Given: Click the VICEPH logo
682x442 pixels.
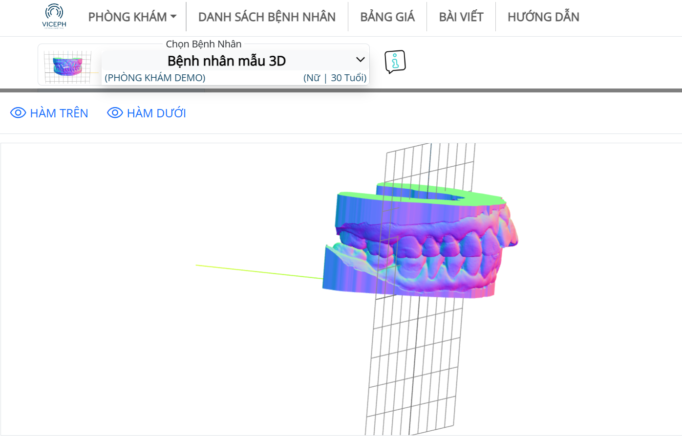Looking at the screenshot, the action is coord(54,16).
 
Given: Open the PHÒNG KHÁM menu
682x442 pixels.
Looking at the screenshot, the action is coord(132,17).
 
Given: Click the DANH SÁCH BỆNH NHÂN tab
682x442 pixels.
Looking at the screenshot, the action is coord(267,17).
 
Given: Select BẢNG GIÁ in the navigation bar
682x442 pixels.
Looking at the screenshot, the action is coord(387,17).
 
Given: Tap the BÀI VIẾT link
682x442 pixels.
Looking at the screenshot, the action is coord(461,17).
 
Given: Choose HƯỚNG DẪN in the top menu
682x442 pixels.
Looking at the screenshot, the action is coord(543,17).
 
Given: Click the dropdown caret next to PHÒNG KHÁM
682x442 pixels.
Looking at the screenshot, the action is coord(173,17).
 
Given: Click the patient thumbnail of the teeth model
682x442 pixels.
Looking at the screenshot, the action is coord(67,66).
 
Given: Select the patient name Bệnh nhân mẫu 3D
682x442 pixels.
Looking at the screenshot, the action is coord(227,61).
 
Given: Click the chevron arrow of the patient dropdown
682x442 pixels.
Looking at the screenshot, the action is coord(361,60).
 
